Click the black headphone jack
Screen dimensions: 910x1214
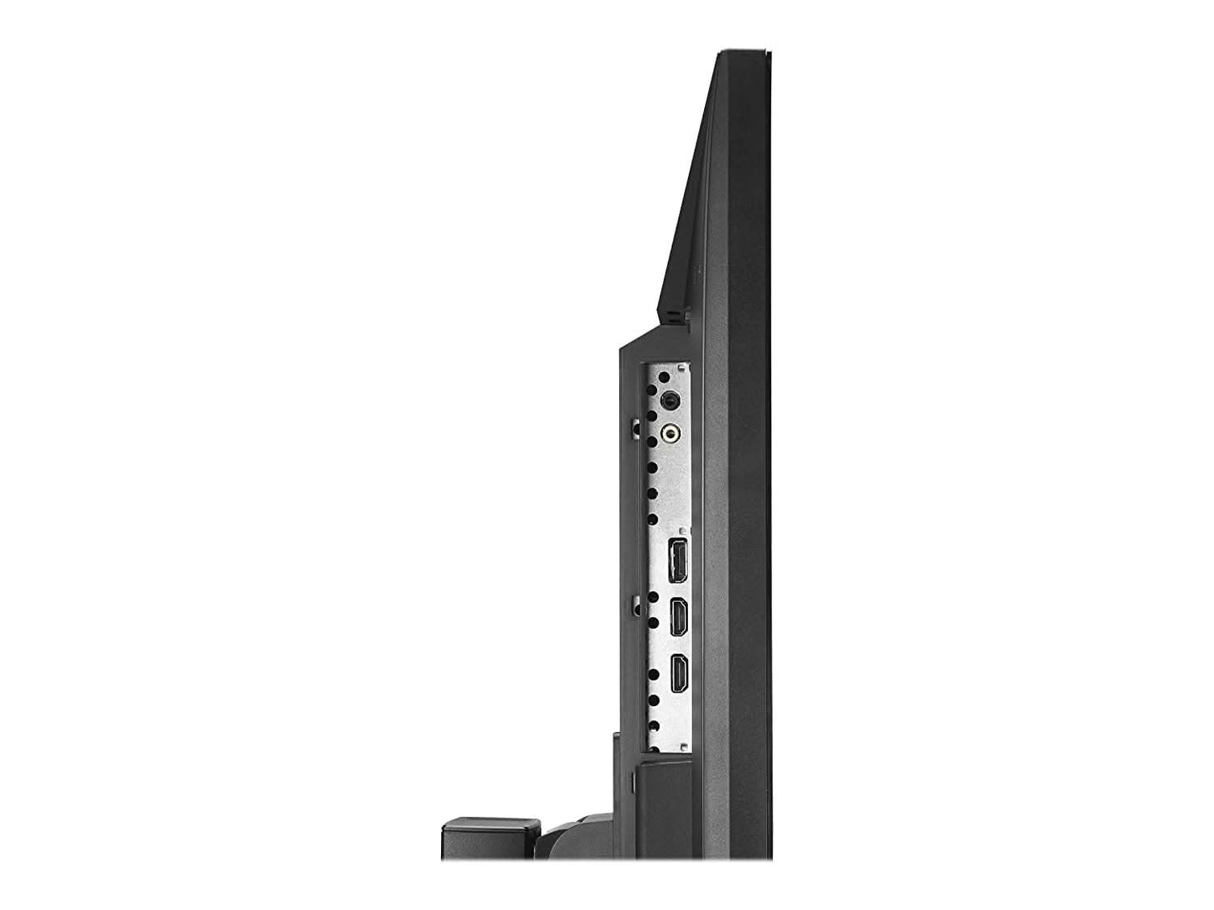[x=670, y=400]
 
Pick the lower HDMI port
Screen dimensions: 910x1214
[x=677, y=672]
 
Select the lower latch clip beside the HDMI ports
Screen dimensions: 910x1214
[x=635, y=602]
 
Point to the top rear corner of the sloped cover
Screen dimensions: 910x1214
[x=719, y=55]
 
